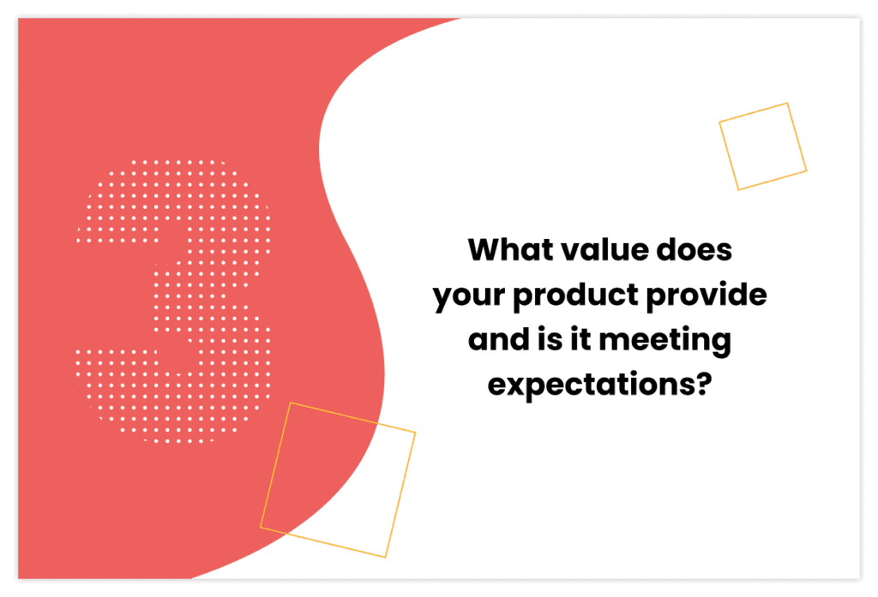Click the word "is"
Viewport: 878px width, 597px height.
pos(544,341)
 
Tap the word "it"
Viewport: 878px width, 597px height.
pos(578,341)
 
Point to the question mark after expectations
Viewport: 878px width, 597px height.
pos(703,385)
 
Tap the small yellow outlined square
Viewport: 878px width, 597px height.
pos(762,146)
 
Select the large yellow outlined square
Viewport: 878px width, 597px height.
pos(338,480)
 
